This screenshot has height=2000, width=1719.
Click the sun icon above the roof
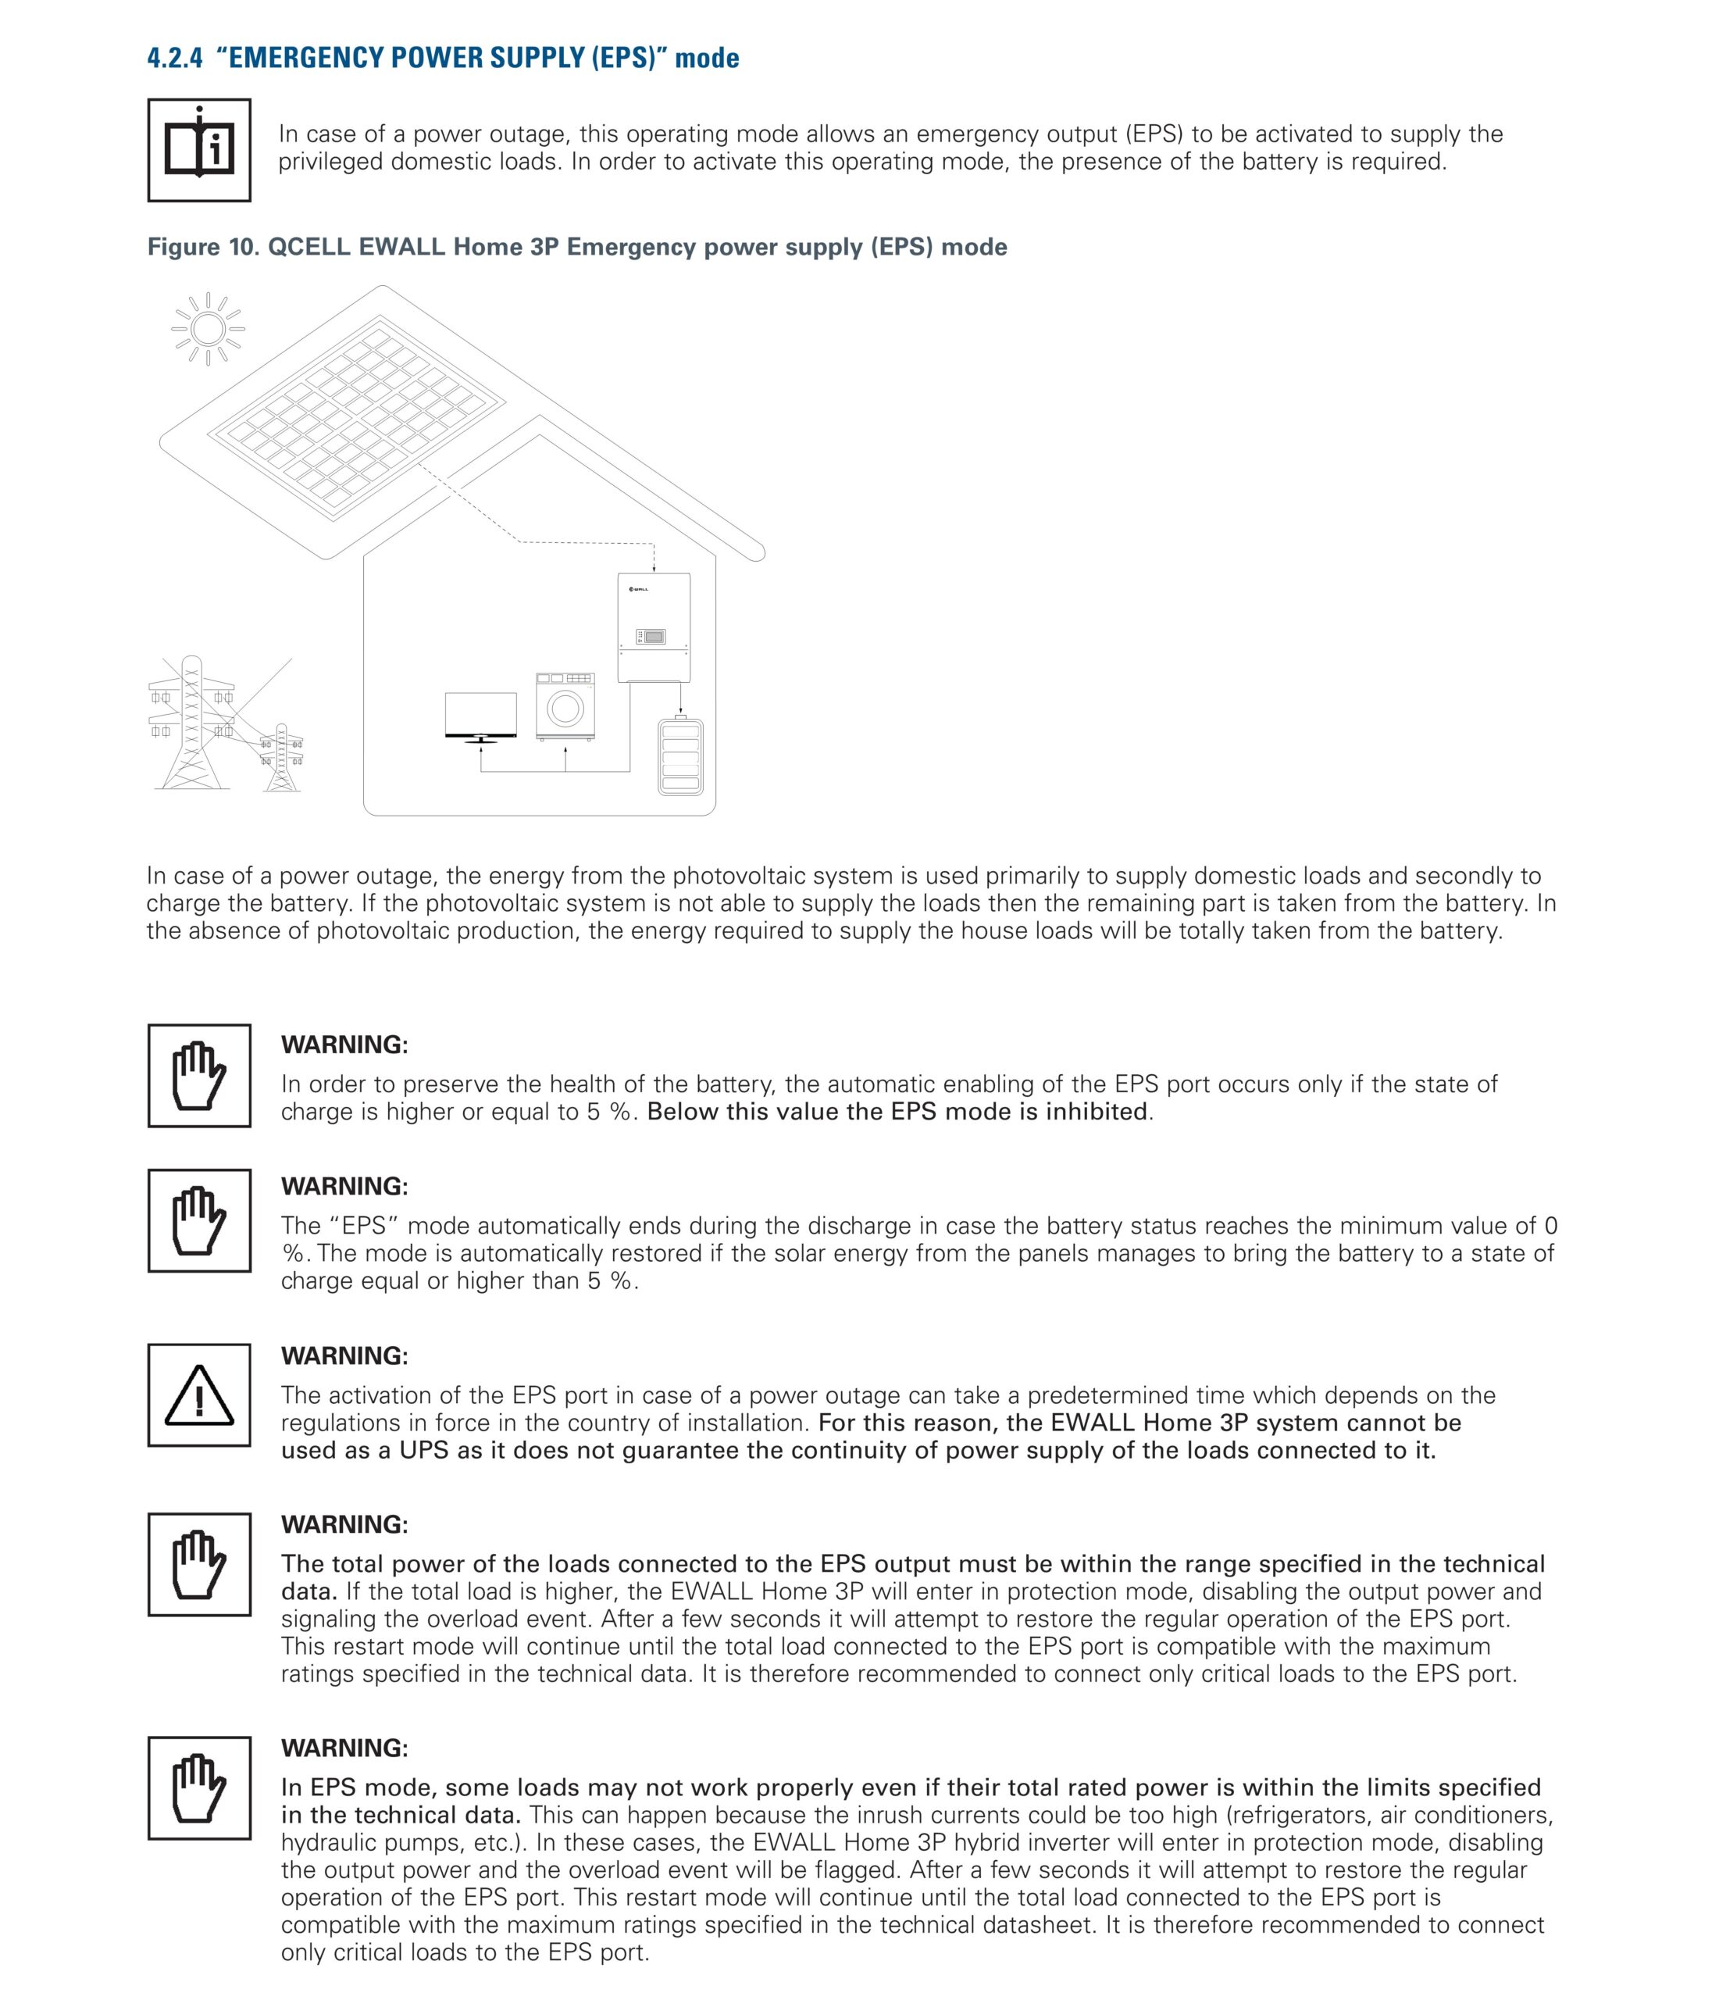pos(208,329)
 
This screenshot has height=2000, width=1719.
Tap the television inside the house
pos(480,716)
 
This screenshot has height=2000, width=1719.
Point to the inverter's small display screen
pos(654,637)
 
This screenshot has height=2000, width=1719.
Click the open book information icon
pos(199,151)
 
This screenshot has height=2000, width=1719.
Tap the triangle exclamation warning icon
pos(199,1395)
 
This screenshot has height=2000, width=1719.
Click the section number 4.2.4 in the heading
pos(175,58)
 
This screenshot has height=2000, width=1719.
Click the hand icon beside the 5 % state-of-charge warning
pos(199,1075)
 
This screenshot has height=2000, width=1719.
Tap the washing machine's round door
pos(565,710)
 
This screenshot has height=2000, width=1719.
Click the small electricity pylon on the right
pos(282,757)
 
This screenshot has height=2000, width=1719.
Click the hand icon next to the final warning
pos(199,1787)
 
